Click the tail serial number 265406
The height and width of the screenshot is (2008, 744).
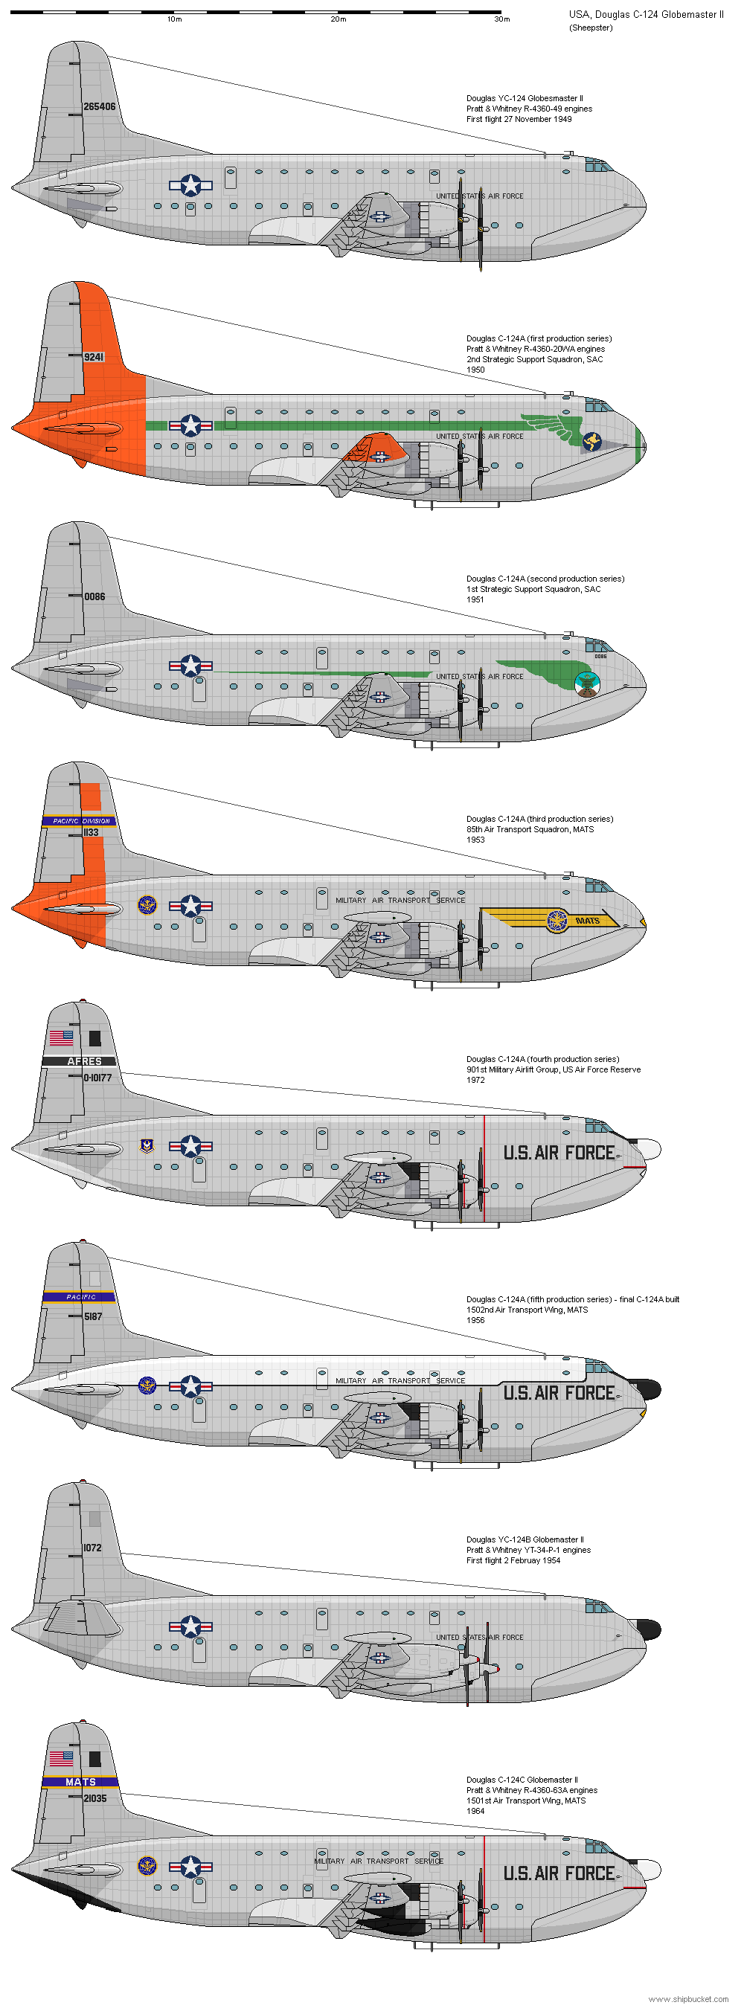point(99,107)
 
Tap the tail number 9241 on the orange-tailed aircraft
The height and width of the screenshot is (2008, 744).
point(94,357)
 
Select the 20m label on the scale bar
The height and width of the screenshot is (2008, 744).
point(339,19)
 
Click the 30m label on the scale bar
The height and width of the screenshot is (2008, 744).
point(501,19)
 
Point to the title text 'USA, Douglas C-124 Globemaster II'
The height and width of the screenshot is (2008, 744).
point(646,14)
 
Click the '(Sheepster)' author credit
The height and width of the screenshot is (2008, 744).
point(591,28)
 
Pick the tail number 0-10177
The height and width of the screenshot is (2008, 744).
point(97,1078)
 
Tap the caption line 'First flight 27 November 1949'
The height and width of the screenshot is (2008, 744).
point(519,119)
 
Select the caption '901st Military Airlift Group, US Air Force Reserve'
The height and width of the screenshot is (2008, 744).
point(554,1069)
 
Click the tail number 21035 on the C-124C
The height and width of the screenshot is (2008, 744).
point(94,1798)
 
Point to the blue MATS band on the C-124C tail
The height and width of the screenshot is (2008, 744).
point(80,1782)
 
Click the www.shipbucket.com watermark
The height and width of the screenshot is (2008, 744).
point(688,1998)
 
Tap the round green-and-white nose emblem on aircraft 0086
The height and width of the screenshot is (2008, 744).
point(586,683)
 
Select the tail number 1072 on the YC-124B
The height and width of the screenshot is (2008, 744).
point(92,1548)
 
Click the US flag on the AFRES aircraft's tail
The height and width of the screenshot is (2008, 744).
point(61,1037)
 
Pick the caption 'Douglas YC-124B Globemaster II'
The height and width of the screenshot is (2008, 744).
point(524,1539)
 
